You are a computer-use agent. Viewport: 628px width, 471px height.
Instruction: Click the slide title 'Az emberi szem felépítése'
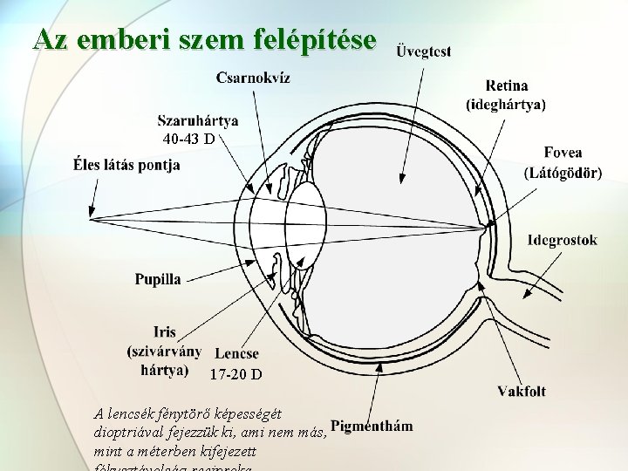tap(205, 38)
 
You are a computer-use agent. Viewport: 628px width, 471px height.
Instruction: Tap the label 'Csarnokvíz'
tap(254, 78)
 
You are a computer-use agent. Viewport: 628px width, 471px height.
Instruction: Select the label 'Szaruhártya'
tap(199, 121)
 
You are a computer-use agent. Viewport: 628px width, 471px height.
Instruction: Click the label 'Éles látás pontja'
tap(127, 164)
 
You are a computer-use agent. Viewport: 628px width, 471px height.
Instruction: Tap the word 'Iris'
tap(164, 332)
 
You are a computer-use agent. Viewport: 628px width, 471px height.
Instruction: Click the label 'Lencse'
tap(236, 353)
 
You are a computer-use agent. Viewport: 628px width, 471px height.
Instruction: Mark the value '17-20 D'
tap(235, 375)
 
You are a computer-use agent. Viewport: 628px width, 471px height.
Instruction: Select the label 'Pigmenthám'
tap(372, 427)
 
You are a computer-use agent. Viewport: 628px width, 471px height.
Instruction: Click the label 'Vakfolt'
tap(522, 391)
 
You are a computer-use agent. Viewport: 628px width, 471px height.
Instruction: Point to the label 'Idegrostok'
tap(563, 240)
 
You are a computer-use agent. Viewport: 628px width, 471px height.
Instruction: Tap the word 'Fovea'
tap(563, 153)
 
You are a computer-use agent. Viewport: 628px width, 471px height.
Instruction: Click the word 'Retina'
tap(506, 85)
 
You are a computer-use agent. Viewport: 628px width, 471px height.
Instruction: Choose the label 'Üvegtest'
tap(424, 51)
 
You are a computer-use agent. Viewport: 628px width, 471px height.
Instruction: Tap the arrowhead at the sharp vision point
tap(92, 212)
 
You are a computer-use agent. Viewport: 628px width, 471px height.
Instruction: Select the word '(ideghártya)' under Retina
tap(506, 105)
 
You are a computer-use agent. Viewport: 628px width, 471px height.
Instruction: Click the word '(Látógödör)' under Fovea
tap(563, 173)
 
